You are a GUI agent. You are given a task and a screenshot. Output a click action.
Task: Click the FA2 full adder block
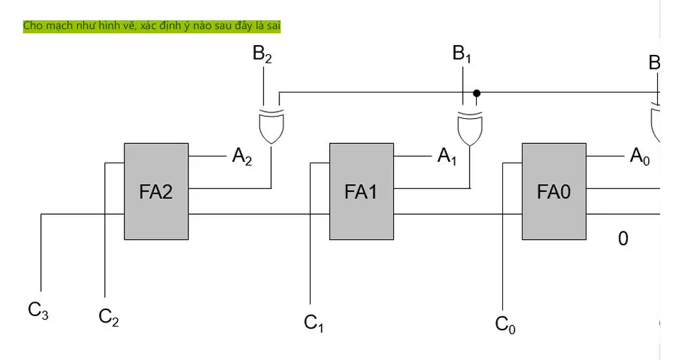pos(156,191)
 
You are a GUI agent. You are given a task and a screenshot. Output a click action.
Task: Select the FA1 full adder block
pos(361,191)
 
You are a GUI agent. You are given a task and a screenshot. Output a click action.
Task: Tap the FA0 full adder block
pos(554,191)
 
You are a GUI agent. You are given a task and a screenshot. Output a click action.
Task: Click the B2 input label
pos(262,54)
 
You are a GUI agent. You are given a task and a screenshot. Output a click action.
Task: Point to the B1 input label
pos(462,54)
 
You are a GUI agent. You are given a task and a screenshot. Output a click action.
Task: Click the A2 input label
pos(242,156)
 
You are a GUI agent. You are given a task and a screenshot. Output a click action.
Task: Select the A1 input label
pos(447,156)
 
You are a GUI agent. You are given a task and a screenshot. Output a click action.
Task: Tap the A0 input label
pos(640,156)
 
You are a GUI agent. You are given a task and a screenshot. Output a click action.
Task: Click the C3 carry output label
pos(38,311)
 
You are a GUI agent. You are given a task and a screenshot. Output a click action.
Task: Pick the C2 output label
pos(109,318)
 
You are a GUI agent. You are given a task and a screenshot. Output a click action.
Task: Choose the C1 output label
pos(313,323)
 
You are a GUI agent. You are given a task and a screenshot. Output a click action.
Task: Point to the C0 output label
pos(505,325)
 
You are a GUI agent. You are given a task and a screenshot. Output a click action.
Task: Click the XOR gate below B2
pos(272,126)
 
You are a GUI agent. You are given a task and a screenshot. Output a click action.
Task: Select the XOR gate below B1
pos(470,128)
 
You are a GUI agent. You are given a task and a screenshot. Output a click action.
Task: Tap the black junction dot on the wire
pos(477,93)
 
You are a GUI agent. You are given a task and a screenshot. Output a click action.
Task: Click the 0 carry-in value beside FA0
pos(623,239)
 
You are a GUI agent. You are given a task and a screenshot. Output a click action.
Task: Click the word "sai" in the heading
pos(273,26)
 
